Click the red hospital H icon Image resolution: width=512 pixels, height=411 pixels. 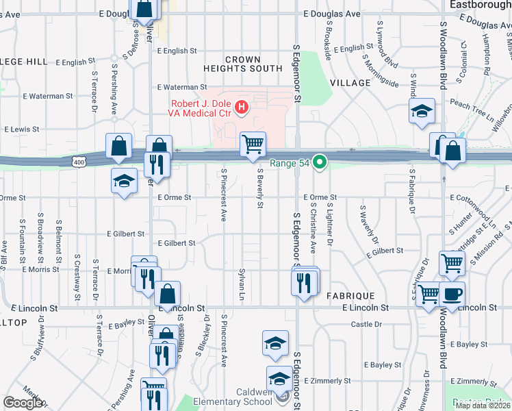pos(241,107)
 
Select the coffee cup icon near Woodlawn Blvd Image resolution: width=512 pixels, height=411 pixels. pos(452,293)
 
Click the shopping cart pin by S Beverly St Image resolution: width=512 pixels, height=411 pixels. pos(253,143)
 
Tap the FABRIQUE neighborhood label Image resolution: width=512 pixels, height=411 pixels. pos(350,295)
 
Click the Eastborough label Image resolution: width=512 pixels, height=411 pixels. pos(480,5)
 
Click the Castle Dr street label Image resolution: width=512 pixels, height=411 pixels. pos(365,324)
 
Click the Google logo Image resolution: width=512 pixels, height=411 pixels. pos(23,403)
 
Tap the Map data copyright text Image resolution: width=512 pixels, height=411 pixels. pos(483,406)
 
